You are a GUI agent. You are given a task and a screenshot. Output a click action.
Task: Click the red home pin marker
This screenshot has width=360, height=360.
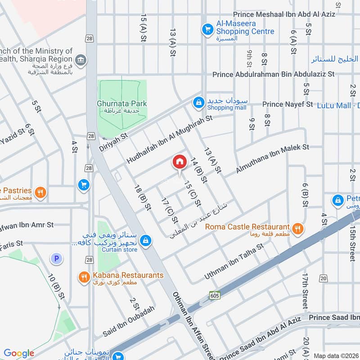179,162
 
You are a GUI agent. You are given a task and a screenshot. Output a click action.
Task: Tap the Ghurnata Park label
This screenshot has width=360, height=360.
122,104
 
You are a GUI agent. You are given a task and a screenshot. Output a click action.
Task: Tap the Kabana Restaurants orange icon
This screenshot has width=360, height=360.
83,277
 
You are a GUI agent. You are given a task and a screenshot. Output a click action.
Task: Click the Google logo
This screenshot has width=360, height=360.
19,353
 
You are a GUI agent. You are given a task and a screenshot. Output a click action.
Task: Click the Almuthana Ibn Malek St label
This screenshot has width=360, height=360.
273,159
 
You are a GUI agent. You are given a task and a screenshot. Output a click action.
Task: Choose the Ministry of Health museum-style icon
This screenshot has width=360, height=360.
81,60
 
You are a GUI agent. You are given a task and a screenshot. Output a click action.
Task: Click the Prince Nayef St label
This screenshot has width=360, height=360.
287,104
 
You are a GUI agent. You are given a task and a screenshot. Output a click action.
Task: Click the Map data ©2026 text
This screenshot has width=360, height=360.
336,355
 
